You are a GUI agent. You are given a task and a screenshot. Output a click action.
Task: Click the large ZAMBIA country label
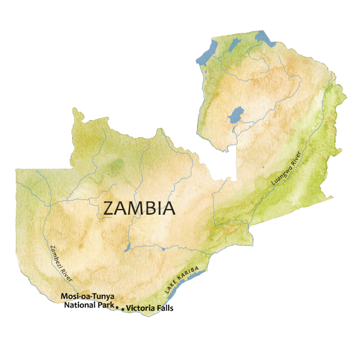(139, 208)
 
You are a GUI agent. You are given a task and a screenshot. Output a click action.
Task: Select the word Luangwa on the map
(280, 174)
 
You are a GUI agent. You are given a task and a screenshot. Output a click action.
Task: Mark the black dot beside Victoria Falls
(123, 309)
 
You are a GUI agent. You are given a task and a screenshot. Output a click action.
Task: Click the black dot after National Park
(117, 307)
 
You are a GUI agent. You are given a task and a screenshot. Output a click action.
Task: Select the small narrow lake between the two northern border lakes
(234, 45)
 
